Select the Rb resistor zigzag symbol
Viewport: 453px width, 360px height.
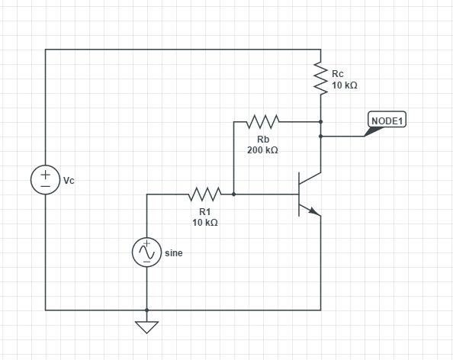[262, 121]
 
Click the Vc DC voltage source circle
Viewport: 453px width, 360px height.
[45, 180]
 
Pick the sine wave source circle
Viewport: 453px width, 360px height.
[146, 252]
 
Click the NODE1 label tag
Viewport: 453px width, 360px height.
[387, 121]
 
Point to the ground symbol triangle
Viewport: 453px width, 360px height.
[146, 327]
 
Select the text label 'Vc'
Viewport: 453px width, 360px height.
[69, 181]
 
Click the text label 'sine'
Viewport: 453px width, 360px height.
[174, 252]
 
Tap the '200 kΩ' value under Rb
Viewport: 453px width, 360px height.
[262, 150]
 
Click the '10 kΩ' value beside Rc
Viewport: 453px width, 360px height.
[345, 85]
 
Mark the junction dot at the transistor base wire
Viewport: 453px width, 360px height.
[233, 194]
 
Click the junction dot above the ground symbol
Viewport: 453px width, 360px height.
[146, 310]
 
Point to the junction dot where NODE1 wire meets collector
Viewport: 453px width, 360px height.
[321, 137]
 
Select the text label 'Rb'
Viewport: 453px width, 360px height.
[262, 140]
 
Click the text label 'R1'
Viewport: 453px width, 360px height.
[204, 212]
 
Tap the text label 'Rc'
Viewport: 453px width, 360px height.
[338, 73]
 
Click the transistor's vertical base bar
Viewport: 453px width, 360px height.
[299, 194]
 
